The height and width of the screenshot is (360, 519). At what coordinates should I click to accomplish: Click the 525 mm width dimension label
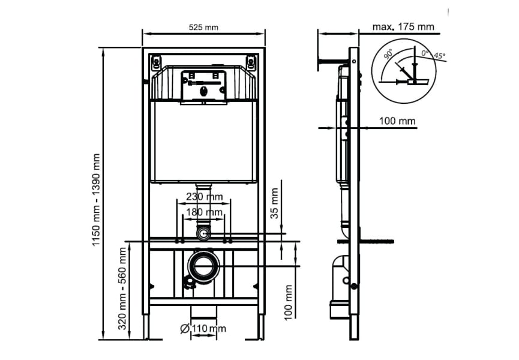pyautogui.click(x=203, y=27)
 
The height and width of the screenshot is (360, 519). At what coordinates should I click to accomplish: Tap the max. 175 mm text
pyautogui.click(x=403, y=26)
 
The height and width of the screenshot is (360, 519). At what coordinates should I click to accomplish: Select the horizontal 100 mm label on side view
pyautogui.click(x=397, y=121)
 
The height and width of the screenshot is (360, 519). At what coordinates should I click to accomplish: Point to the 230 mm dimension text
pyautogui.click(x=204, y=197)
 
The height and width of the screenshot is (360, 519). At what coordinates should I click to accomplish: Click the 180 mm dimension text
pyautogui.click(x=204, y=212)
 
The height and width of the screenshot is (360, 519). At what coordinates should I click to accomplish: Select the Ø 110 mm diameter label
pyautogui.click(x=202, y=328)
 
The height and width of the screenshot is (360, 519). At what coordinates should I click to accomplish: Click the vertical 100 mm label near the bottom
pyautogui.click(x=289, y=302)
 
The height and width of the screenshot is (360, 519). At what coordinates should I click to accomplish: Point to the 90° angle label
pyautogui.click(x=389, y=55)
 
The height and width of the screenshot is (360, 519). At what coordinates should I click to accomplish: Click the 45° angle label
pyautogui.click(x=440, y=56)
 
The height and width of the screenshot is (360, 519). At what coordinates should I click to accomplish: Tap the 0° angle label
pyautogui.click(x=425, y=53)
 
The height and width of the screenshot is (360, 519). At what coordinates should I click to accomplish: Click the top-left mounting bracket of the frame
pyautogui.click(x=156, y=62)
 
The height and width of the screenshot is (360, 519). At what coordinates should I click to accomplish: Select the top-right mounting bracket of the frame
pyautogui.click(x=251, y=62)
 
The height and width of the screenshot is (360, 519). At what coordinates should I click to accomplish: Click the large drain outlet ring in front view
pyautogui.click(x=204, y=265)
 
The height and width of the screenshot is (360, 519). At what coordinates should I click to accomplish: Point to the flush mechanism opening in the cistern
pyautogui.click(x=203, y=85)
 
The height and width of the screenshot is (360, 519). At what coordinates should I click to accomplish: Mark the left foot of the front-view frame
pyautogui.click(x=145, y=327)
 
